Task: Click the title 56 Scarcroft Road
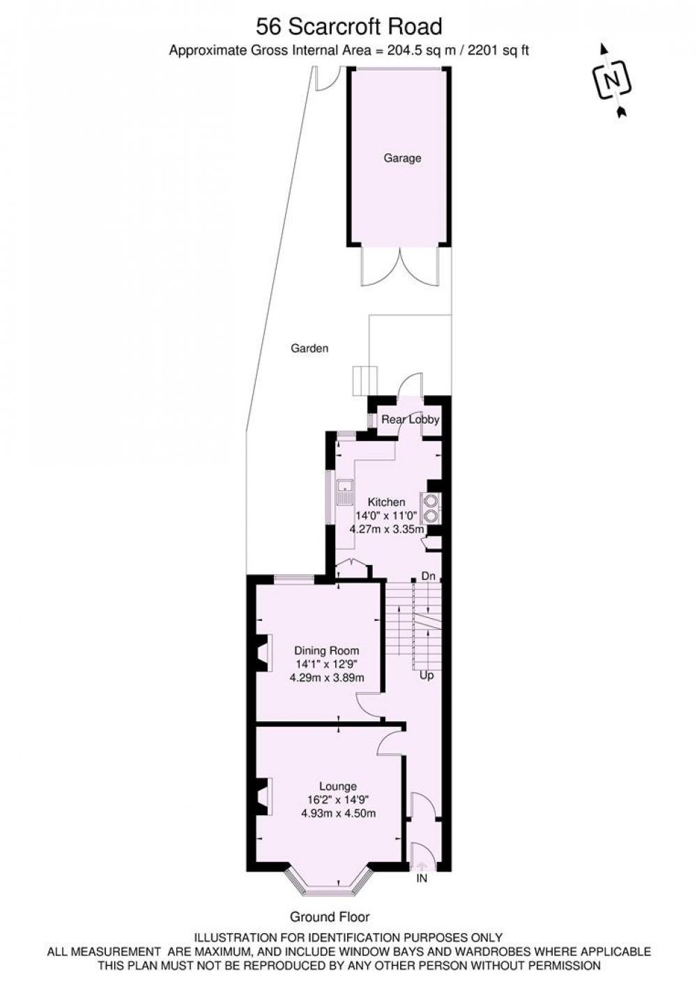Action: pyautogui.click(x=349, y=27)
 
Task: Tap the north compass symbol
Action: pyautogui.click(x=613, y=81)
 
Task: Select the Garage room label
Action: pyautogui.click(x=402, y=158)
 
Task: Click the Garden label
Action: pyautogui.click(x=309, y=348)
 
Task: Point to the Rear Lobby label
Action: pyautogui.click(x=411, y=419)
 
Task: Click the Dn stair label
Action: pyautogui.click(x=428, y=576)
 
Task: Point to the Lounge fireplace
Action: pyautogui.click(x=264, y=796)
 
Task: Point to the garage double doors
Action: pyautogui.click(x=400, y=267)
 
